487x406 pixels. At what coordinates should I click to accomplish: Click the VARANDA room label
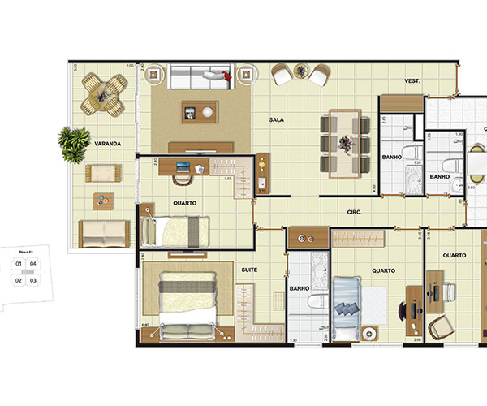108,144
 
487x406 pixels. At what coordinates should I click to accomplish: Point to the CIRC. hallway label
353,213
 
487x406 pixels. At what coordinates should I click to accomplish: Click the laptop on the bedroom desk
182,167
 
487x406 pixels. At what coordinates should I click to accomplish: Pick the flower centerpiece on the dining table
347,145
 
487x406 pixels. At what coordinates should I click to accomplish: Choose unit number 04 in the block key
33,264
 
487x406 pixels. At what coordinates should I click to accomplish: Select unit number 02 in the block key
18,281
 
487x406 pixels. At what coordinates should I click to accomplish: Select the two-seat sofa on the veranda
103,234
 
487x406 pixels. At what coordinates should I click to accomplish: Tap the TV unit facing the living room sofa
201,147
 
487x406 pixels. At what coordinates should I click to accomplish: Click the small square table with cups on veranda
103,201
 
